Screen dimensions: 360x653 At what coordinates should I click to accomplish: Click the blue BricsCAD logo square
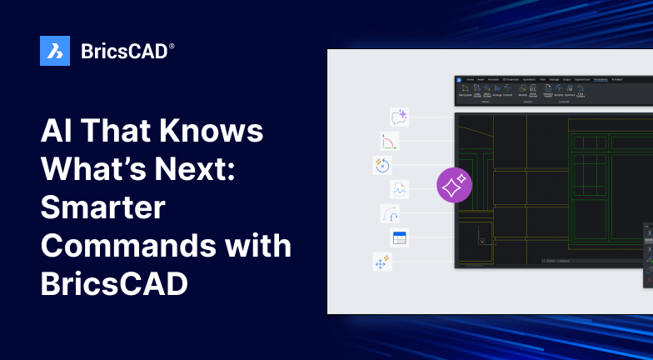55,51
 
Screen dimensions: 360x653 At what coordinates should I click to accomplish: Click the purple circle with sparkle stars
455,186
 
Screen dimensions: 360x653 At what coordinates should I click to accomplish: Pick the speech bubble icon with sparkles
399,117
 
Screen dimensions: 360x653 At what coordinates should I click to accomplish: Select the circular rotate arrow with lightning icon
381,165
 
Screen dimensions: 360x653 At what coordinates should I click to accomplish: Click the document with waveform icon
400,189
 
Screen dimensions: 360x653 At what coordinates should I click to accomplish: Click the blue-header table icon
399,237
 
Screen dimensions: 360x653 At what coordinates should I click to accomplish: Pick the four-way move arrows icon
382,262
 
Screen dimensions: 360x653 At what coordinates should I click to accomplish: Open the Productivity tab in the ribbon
600,79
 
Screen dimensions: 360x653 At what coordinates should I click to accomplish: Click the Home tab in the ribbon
470,79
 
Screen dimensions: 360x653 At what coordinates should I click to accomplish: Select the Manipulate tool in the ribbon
465,92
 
